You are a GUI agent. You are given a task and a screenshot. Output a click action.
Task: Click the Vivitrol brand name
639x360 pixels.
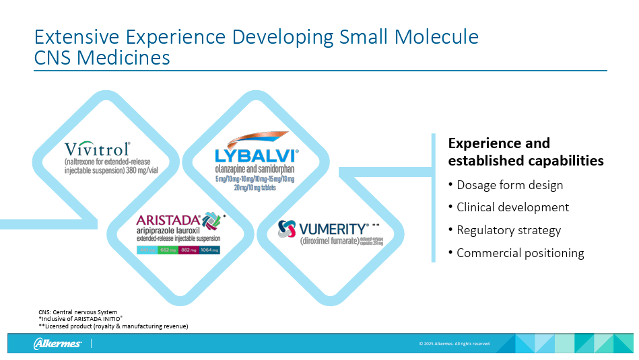(98, 149)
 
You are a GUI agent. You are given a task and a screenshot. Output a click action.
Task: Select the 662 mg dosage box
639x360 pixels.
(167, 250)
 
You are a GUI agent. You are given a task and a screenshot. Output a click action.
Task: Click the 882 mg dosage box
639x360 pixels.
(188, 250)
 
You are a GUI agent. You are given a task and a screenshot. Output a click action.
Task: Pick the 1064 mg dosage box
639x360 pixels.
(209, 250)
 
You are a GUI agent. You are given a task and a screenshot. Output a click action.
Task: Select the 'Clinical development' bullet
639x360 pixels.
(512, 207)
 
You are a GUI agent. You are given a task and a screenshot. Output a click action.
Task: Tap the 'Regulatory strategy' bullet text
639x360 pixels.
(508, 230)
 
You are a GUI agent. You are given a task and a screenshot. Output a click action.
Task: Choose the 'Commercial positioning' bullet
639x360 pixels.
(520, 253)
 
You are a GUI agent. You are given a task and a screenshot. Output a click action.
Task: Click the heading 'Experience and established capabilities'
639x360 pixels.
(525, 152)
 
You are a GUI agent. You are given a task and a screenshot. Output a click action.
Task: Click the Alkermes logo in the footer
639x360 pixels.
(58, 344)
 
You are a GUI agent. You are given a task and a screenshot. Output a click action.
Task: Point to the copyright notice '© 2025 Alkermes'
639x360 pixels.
(455, 344)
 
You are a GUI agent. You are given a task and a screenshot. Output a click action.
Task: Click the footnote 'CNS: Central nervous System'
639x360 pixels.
(77, 312)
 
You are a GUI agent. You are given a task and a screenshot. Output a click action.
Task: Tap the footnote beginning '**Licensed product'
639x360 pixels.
(113, 326)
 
